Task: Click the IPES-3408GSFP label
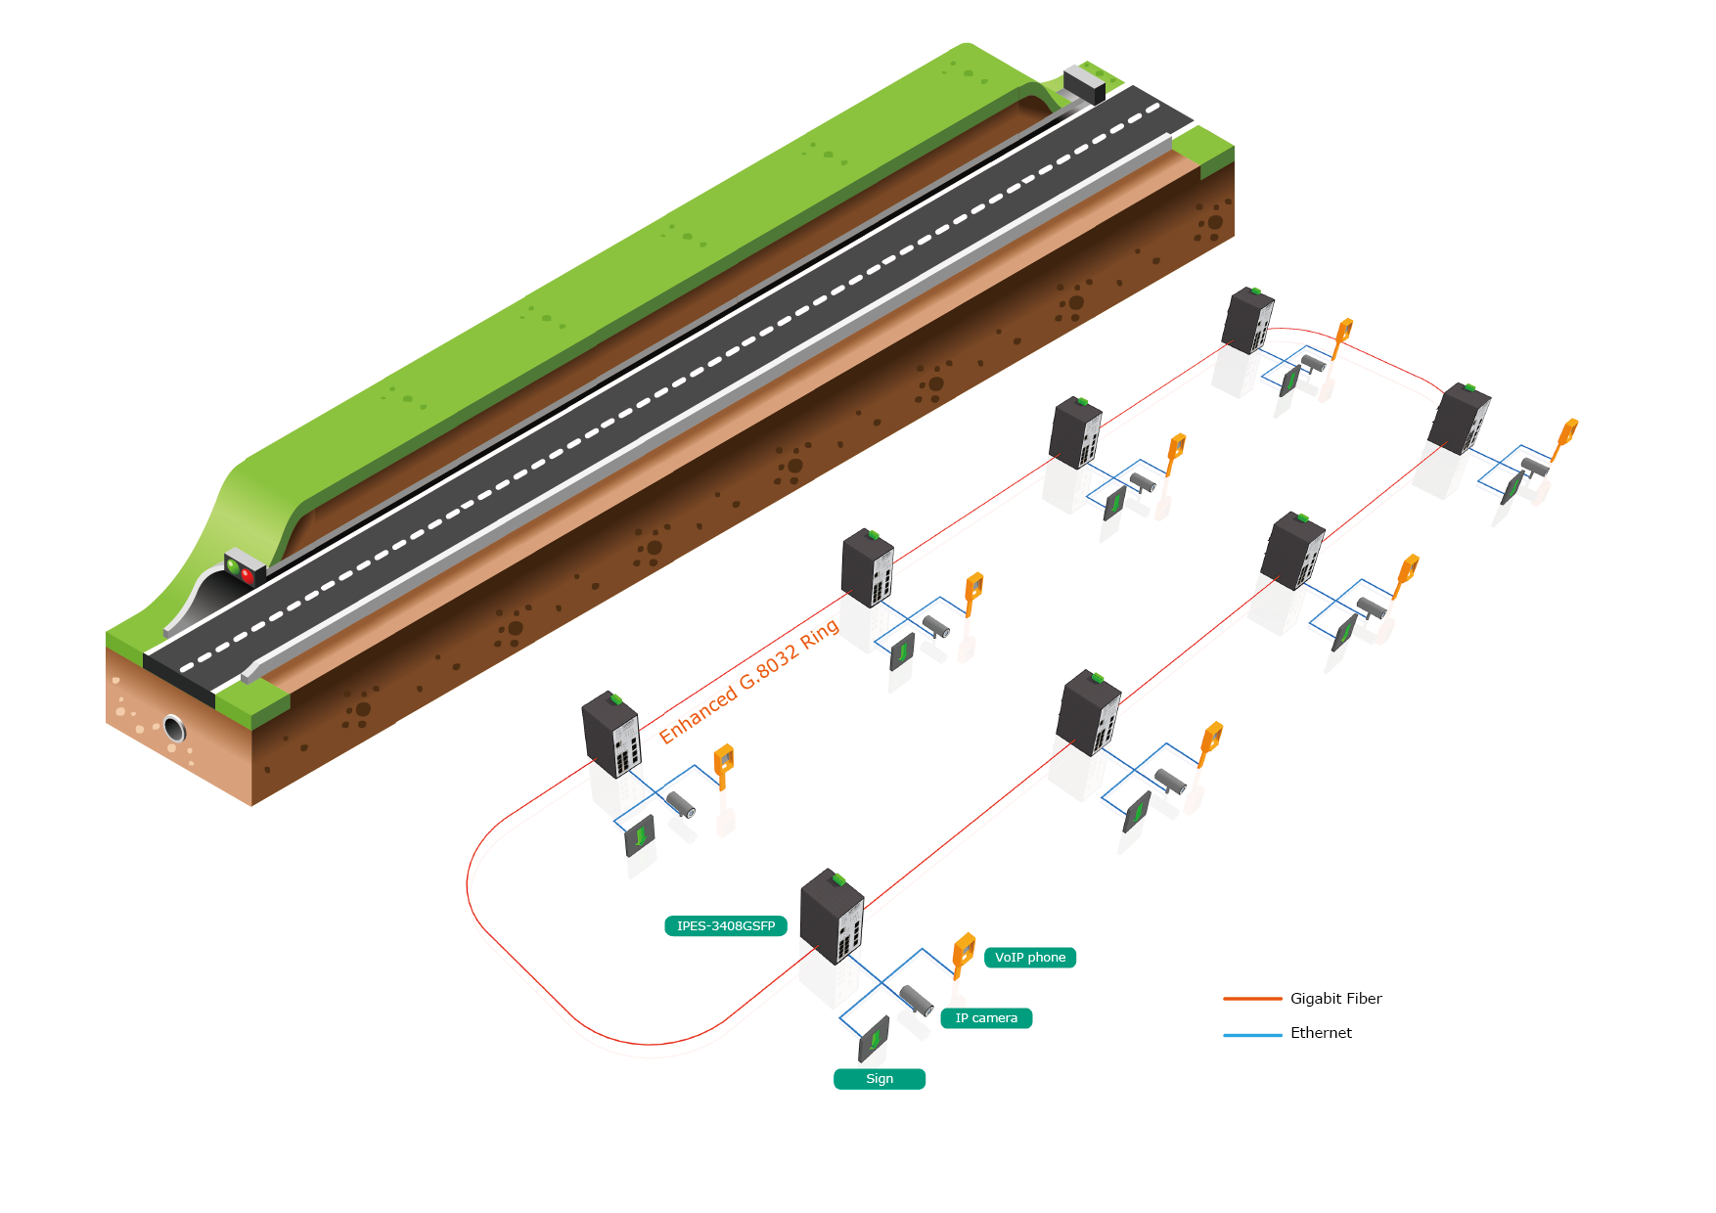point(725,925)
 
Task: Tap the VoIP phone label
point(1030,958)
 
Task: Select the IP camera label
point(986,1018)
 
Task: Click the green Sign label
point(879,1079)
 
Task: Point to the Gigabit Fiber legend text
point(1335,999)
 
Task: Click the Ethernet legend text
point(1321,1033)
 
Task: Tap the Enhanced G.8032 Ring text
point(748,681)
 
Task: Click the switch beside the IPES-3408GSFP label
point(832,917)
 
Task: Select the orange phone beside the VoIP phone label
point(964,951)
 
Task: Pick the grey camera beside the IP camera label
point(917,1000)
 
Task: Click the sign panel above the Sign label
point(873,1039)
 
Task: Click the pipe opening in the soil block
point(174,729)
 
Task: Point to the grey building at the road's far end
point(1084,83)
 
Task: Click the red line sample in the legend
point(1252,999)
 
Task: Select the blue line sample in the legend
point(1252,1034)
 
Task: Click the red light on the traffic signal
point(247,575)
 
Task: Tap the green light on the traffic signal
point(233,565)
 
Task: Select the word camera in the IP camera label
point(995,1018)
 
